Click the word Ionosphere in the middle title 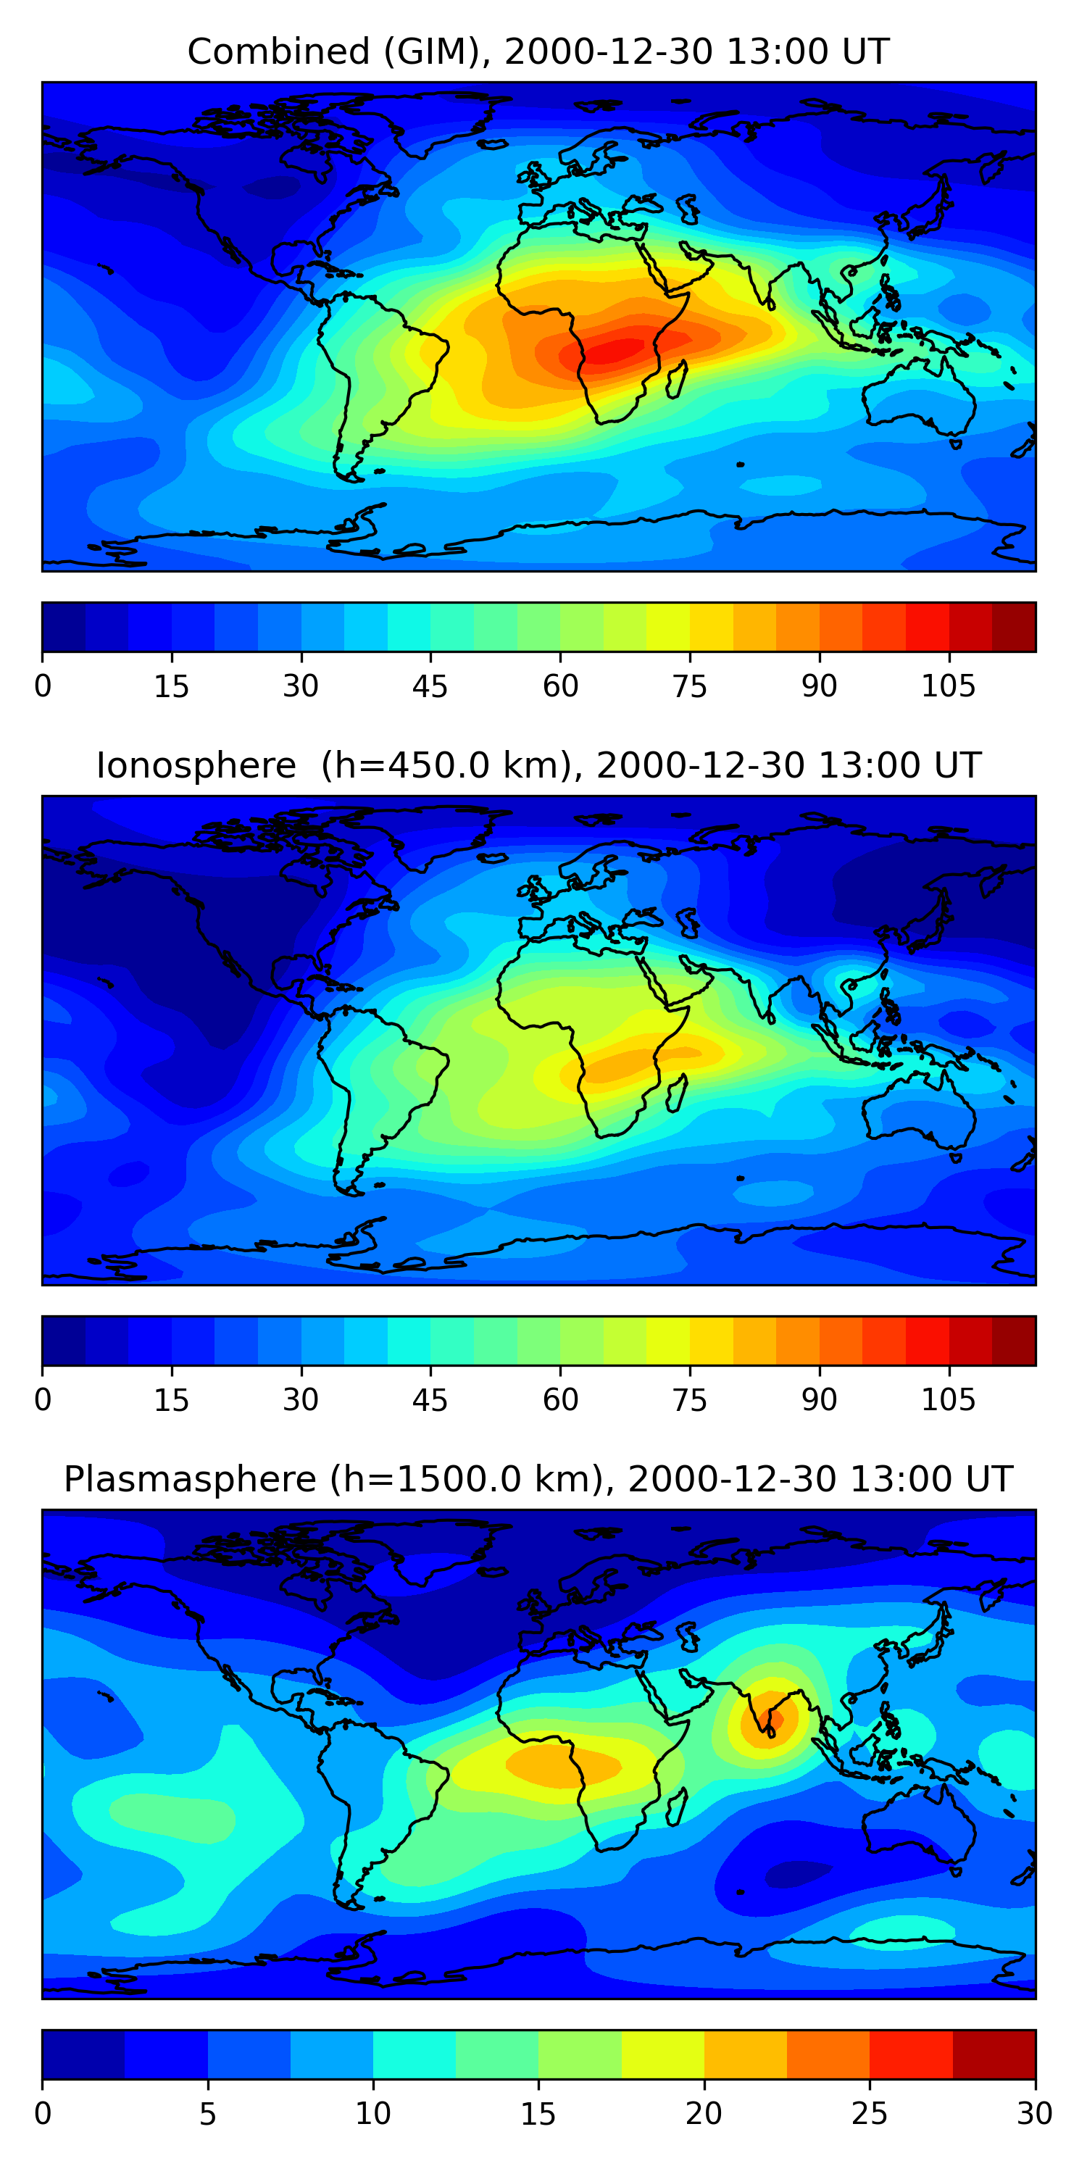(196, 766)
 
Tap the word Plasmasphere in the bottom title (190, 1480)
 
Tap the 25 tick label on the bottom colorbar (870, 2115)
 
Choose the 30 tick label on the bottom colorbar (1034, 2115)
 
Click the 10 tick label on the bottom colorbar (373, 2115)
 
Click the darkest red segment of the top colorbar (1014, 627)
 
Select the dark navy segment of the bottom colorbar (83, 2055)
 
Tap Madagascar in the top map (676, 380)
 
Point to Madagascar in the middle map (676, 1094)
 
